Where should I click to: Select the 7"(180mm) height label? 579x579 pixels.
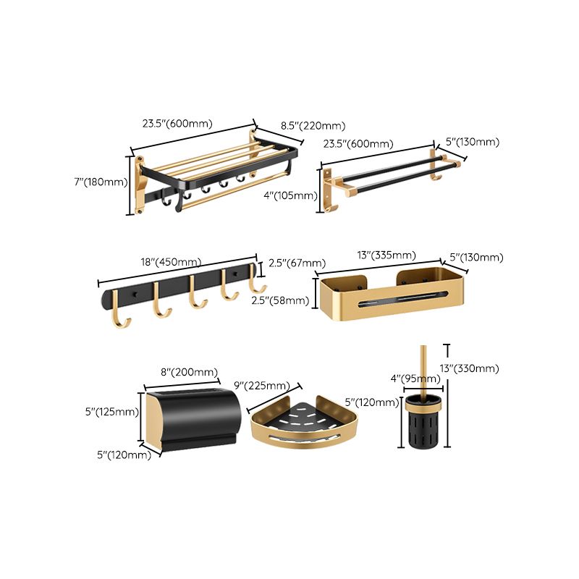[101, 182]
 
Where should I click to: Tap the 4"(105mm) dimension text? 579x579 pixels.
[289, 195]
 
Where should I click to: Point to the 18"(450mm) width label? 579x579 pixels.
[172, 263]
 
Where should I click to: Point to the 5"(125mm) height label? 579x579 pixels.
[110, 413]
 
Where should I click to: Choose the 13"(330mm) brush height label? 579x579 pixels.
[471, 369]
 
